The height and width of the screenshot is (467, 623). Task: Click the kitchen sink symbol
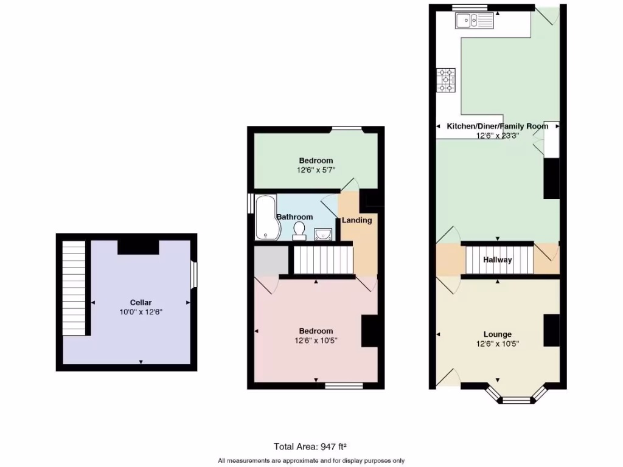pos(474,21)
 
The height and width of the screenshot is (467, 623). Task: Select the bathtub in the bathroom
pos(265,217)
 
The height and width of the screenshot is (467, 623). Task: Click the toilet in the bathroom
pos(299,230)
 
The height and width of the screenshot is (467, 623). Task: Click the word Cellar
pos(141,302)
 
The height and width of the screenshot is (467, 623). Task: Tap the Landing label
pos(357,220)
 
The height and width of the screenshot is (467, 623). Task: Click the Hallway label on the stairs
pos(497,260)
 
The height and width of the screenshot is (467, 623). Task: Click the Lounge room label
pos(497,334)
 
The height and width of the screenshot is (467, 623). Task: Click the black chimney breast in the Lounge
pos(551,330)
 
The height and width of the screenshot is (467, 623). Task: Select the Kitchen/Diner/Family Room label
pos(497,126)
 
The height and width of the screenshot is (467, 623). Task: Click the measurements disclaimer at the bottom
pos(311,460)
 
